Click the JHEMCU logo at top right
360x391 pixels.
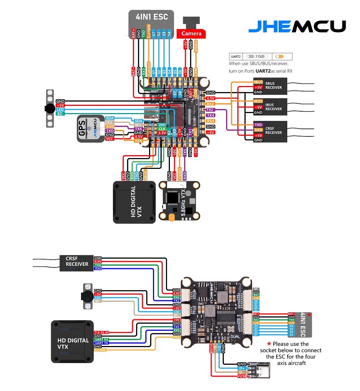(297, 26)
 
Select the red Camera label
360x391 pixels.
(192, 33)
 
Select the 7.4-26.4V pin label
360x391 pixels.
(102, 332)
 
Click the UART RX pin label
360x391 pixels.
(101, 339)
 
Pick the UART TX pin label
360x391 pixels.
(101, 343)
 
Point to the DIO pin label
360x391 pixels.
(162, 125)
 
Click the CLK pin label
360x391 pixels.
(162, 129)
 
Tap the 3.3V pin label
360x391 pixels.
(162, 133)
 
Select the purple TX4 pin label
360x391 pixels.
(211, 115)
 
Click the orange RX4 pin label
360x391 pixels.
(211, 121)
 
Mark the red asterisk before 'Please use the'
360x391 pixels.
(269, 344)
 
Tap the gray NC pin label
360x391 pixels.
(256, 289)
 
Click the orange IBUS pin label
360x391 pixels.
(258, 102)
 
